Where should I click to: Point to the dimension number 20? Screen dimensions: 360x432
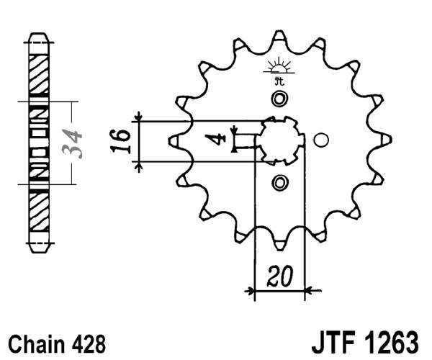pyautogui.click(x=277, y=276)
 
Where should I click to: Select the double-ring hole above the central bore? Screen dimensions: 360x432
pyautogui.click(x=279, y=99)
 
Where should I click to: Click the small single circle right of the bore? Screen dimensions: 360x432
pyautogui.click(x=321, y=140)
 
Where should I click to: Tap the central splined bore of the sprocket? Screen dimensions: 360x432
pyautogui.click(x=279, y=140)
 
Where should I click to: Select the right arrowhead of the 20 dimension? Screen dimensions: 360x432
pyautogui.click(x=309, y=292)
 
